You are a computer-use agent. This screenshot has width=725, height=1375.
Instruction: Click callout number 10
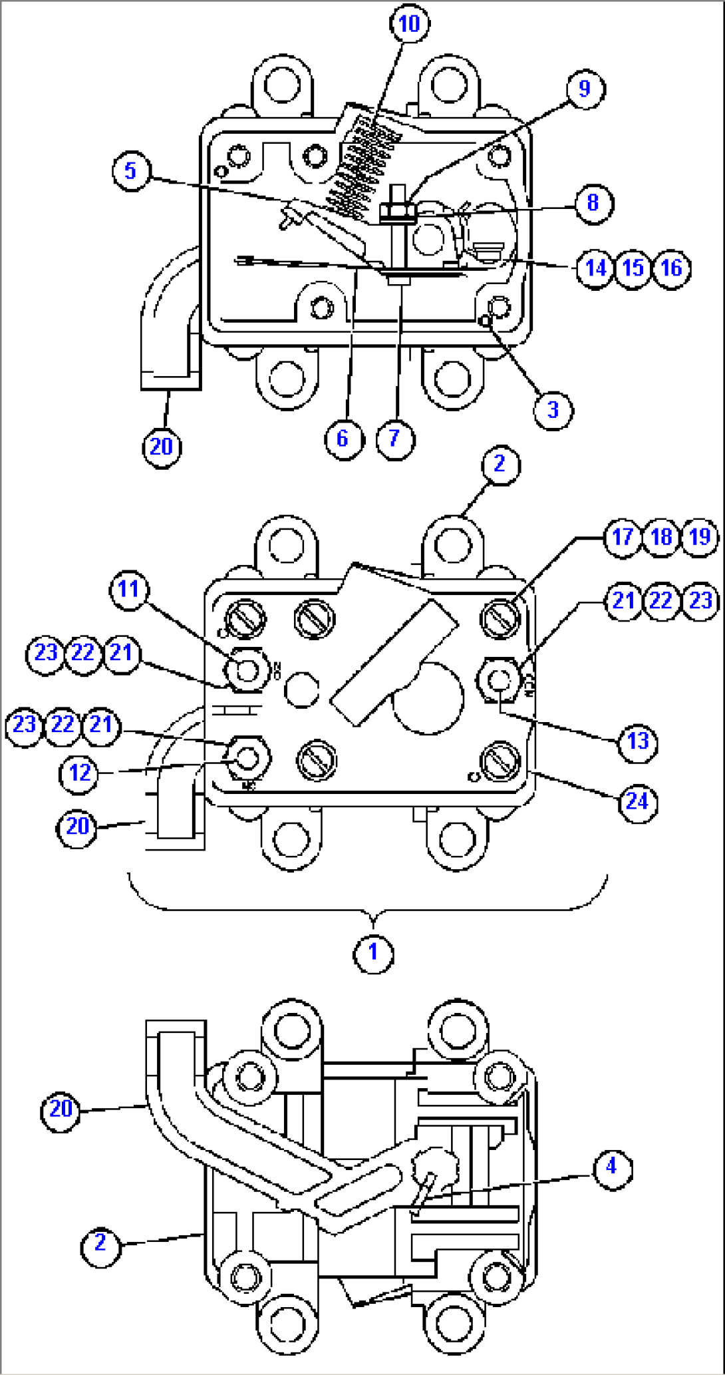408,24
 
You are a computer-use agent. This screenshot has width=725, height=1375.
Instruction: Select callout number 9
584,89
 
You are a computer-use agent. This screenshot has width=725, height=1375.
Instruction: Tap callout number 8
592,202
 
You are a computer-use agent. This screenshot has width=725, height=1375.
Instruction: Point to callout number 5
130,170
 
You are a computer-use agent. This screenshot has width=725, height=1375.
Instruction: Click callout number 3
553,409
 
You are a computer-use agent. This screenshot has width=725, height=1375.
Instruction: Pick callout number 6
343,438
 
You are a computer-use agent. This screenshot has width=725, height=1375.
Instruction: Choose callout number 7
394,438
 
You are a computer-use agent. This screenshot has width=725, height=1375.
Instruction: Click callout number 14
595,268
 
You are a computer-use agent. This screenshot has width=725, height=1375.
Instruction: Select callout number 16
671,268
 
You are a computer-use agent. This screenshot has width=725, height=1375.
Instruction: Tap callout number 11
128,589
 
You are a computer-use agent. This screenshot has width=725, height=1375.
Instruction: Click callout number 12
80,773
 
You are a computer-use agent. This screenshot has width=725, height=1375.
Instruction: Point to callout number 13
637,741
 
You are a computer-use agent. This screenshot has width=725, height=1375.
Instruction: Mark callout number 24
637,801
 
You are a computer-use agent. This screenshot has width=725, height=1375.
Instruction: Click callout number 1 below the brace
373,952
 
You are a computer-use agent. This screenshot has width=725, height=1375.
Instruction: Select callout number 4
611,1165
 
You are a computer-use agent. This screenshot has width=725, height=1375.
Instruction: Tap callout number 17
623,536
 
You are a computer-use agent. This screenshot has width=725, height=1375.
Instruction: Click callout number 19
700,536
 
